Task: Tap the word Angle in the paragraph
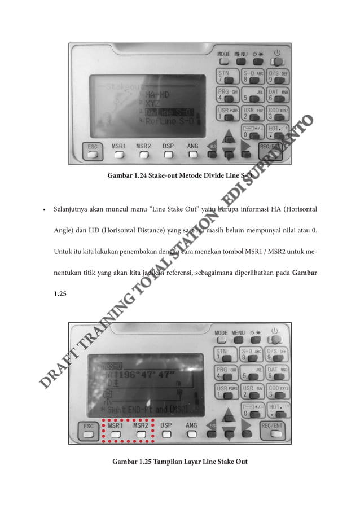(x=64, y=230)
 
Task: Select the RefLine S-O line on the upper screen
(x=169, y=120)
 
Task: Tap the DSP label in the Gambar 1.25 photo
(x=166, y=425)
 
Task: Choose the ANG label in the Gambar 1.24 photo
(x=192, y=145)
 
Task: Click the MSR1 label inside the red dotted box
(x=116, y=425)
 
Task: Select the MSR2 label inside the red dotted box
(x=141, y=425)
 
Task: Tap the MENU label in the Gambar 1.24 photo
(x=241, y=54)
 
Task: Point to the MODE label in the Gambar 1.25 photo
(x=221, y=333)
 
